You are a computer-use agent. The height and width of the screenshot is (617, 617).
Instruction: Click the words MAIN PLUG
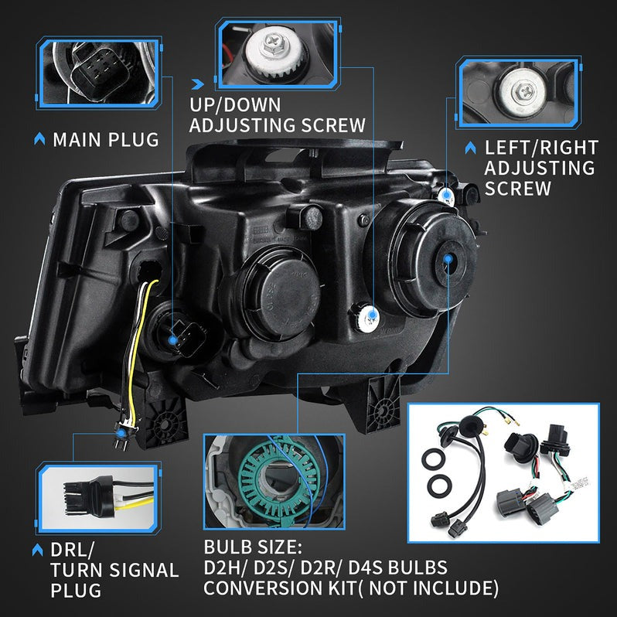click(106, 140)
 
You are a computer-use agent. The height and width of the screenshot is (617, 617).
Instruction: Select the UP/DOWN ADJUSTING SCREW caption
click(278, 114)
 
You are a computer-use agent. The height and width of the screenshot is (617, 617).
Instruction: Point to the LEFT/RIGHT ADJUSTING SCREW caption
click(540, 168)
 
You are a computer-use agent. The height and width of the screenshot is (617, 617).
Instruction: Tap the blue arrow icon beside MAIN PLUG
click(39, 140)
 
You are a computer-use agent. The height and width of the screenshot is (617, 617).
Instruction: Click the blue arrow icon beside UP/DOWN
click(197, 81)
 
